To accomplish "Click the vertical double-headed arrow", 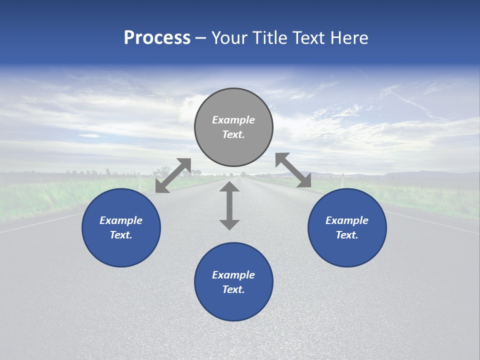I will tap(229, 205).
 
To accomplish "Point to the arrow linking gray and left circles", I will tap(173, 175).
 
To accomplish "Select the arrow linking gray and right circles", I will tap(293, 170).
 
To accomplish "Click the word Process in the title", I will tap(157, 38).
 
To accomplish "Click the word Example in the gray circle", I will tap(233, 120).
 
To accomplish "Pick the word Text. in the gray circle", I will tap(233, 134).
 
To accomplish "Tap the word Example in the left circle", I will tap(121, 220).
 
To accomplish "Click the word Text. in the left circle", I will tap(121, 235).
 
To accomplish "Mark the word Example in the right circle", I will tap(347, 220).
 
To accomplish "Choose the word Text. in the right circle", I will tap(347, 235).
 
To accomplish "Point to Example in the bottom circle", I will tap(233, 275).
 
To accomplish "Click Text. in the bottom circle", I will tap(233, 289).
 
